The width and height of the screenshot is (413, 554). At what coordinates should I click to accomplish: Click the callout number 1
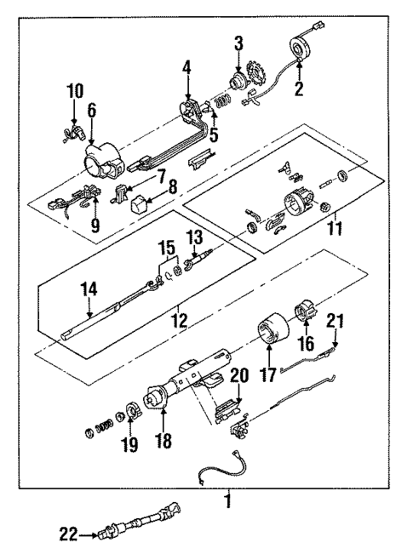tap(227, 501)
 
